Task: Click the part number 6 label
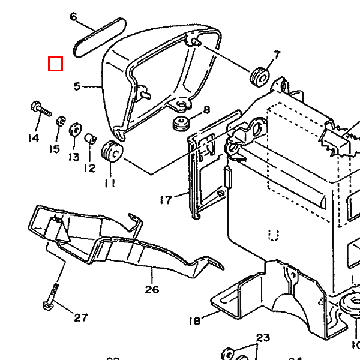pyautogui.click(x=74, y=17)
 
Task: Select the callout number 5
pyautogui.click(x=77, y=87)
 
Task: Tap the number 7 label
pyautogui.click(x=277, y=55)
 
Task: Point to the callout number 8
pyautogui.click(x=206, y=110)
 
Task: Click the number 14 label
pyautogui.click(x=33, y=139)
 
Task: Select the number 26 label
pyautogui.click(x=152, y=289)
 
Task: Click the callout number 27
pyautogui.click(x=81, y=317)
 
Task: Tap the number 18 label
pyautogui.click(x=194, y=322)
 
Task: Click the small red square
pyautogui.click(x=56, y=64)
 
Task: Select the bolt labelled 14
pyautogui.click(x=40, y=109)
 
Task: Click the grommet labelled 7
pyautogui.click(x=260, y=76)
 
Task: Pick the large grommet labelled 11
pyautogui.click(x=112, y=151)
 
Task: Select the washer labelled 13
pyautogui.click(x=76, y=130)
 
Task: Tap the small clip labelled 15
pyautogui.click(x=61, y=123)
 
